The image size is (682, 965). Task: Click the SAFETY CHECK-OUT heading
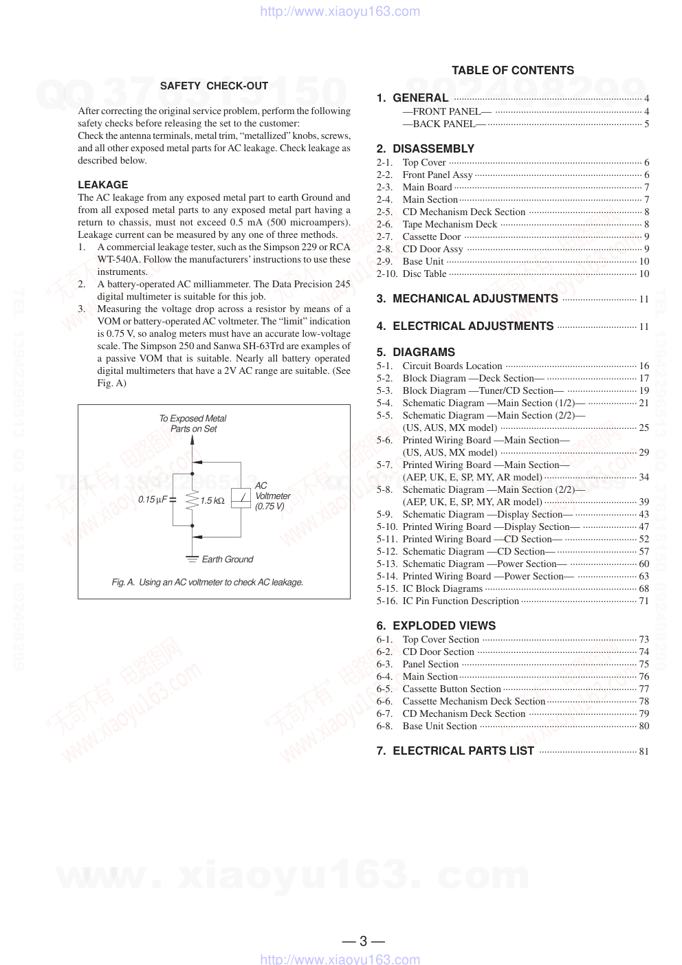[x=214, y=86]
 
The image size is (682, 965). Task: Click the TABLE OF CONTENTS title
[x=512, y=70]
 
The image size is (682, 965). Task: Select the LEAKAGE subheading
[x=103, y=185]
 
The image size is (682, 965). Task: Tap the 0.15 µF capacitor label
[x=152, y=500]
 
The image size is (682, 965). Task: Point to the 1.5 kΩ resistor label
[x=212, y=500]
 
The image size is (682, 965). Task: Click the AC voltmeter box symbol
[x=241, y=497]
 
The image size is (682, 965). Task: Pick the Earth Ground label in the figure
[x=227, y=559]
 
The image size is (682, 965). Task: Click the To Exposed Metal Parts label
[x=193, y=423]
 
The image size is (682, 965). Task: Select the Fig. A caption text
[x=207, y=582]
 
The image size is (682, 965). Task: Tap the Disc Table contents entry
[x=424, y=274]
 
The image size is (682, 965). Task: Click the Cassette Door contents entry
[x=431, y=236]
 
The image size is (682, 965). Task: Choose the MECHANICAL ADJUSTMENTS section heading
[x=475, y=298]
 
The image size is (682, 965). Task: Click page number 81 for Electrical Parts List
[x=643, y=751]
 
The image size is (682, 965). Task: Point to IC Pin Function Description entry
[x=461, y=601]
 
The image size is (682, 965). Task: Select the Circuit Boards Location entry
[x=452, y=366]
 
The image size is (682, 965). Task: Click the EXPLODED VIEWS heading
[x=444, y=625]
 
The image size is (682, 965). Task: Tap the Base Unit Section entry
[x=439, y=726]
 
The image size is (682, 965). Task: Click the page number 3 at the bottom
[x=363, y=941]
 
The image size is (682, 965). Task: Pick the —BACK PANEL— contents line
[x=444, y=124]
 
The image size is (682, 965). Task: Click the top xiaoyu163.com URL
[x=340, y=11]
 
